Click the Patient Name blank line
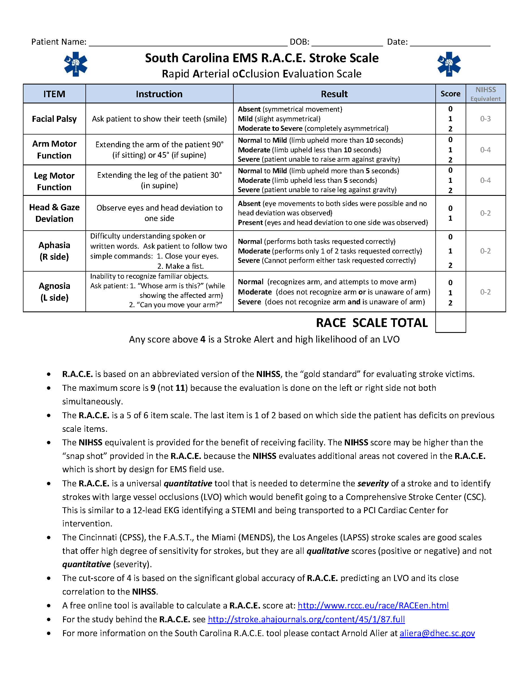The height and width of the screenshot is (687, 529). [188, 43]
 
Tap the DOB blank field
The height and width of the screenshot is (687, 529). [347, 43]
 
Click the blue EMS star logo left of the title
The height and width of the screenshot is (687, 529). [76, 64]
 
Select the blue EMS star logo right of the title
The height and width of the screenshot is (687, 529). [449, 64]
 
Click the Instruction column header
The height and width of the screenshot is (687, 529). [159, 94]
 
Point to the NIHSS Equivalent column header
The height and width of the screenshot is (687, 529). [485, 94]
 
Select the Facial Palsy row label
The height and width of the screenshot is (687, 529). [54, 119]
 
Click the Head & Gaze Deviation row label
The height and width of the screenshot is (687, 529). [54, 213]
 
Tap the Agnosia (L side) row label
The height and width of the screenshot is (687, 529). [54, 292]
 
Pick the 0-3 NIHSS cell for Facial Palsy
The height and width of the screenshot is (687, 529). [485, 119]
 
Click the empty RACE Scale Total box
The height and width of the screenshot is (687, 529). [450, 322]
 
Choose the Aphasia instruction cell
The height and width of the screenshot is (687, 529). [159, 251]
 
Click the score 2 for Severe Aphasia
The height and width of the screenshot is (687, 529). [450, 265]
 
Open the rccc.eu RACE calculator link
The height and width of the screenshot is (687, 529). [373, 606]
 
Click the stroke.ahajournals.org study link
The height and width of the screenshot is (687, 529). [306, 620]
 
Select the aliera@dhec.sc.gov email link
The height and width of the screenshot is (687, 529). [437, 634]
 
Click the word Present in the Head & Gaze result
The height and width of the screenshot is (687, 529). [250, 223]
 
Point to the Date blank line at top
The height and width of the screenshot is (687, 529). [450, 43]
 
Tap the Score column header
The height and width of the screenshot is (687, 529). [450, 94]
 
